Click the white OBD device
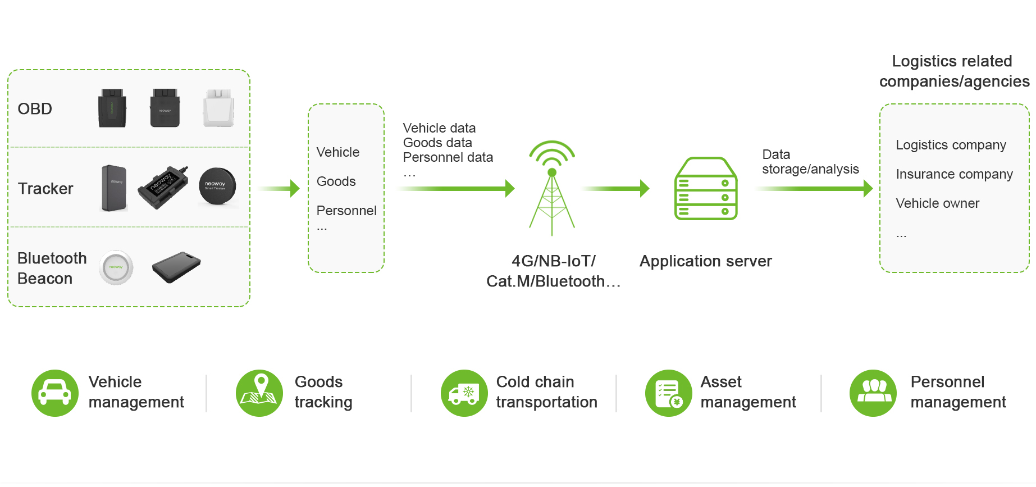coord(218,108)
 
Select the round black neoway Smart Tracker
coord(217,186)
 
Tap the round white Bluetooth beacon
coord(116,267)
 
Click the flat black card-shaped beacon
coord(176,267)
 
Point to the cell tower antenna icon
coord(552,188)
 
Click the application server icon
coord(706,189)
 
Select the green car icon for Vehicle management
coord(54,393)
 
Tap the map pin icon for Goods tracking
coord(259,393)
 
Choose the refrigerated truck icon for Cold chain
coord(464,393)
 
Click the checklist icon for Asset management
coord(669,393)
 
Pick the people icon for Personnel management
coord(873,393)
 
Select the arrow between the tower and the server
coord(616,188)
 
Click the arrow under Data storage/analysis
coord(814,188)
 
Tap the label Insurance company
coord(954,174)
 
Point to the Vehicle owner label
coord(937,203)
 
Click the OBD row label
coord(35,108)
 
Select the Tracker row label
coord(45,188)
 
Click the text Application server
coord(705,261)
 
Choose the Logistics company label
coord(951,145)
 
